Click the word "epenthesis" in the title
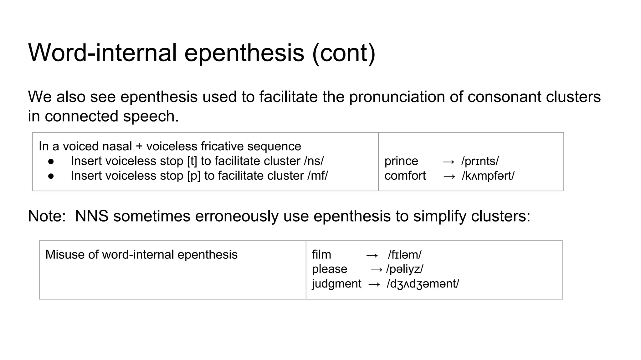244,53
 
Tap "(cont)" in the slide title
343,53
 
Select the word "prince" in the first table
401,161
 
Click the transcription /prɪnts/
480,161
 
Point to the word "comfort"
405,176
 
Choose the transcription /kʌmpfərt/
488,176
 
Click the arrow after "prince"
449,162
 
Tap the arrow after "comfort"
449,176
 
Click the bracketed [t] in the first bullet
192,161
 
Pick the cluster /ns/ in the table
314,161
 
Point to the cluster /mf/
317,176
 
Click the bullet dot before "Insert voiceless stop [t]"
51,162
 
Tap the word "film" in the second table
321,255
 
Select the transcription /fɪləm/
404,255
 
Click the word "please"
330,269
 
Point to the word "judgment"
336,284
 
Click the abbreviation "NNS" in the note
92,216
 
